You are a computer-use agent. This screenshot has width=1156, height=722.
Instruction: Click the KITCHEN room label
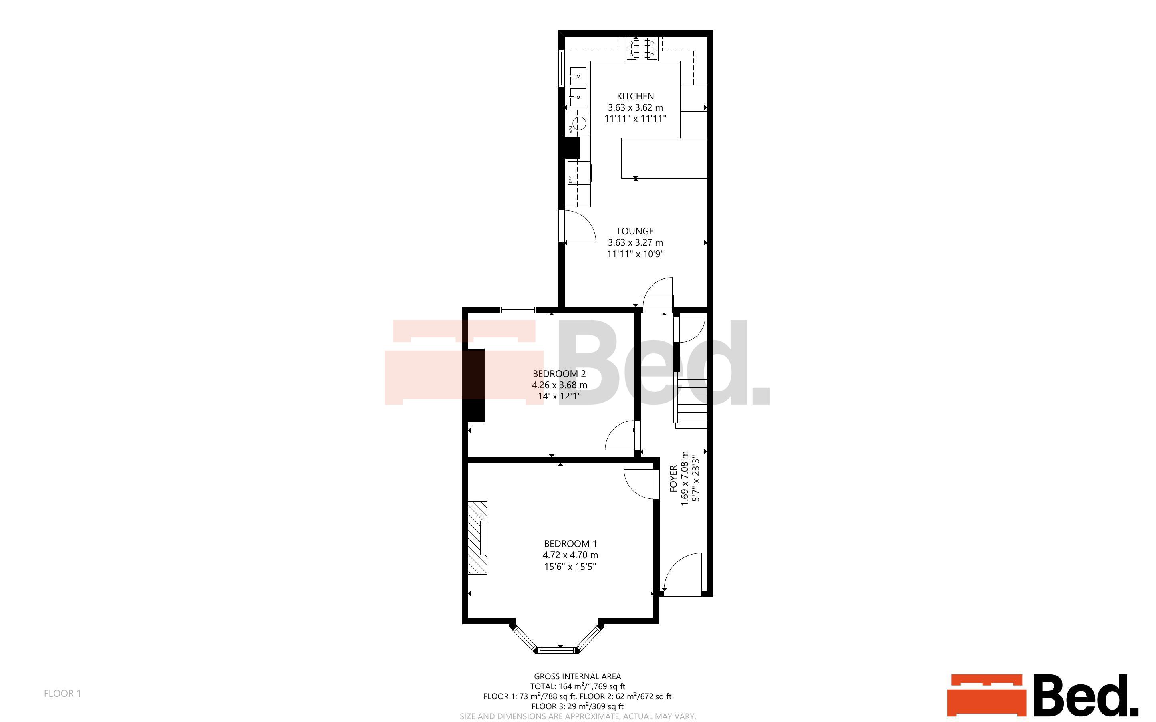click(635, 96)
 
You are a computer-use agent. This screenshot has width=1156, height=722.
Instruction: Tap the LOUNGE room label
click(635, 231)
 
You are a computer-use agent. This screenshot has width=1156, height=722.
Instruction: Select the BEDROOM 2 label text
click(559, 373)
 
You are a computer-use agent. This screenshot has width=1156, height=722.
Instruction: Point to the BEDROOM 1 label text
click(570, 543)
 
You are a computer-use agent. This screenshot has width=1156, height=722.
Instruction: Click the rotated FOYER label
click(673, 478)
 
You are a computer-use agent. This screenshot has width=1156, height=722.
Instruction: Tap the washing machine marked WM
click(578, 123)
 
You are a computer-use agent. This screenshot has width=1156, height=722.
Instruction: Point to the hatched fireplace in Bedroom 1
click(477, 538)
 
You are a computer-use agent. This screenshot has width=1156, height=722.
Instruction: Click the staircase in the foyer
click(691, 404)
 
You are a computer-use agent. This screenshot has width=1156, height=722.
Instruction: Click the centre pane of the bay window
click(557, 649)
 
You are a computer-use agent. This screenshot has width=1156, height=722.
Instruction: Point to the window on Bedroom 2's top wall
click(518, 310)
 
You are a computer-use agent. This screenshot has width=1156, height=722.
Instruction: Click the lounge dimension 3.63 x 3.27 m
click(635, 242)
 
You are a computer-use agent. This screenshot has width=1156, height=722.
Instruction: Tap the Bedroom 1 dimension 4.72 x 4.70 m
click(570, 555)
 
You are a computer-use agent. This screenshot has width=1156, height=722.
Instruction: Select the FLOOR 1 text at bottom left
click(63, 693)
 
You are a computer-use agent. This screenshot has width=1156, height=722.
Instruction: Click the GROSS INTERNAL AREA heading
click(577, 676)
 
